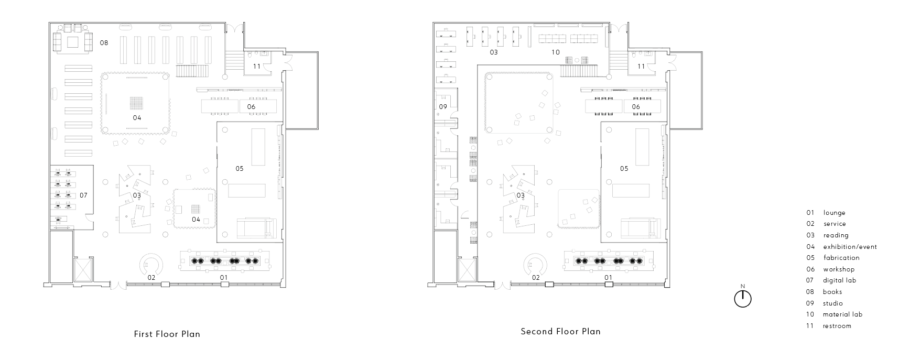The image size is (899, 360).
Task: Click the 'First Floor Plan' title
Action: click(x=167, y=334)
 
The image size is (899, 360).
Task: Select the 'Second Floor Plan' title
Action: click(x=560, y=331)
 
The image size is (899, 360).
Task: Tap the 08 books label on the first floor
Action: click(x=104, y=42)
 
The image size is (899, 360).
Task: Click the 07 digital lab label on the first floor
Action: click(x=83, y=195)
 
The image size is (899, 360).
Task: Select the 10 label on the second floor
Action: click(x=556, y=52)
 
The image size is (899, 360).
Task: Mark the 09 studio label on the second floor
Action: click(x=443, y=107)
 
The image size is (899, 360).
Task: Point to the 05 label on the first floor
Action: click(x=239, y=168)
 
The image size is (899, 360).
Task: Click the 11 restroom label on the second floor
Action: click(x=641, y=67)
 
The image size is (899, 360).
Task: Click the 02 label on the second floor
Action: click(x=536, y=278)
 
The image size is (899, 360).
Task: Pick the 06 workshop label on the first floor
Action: click(x=251, y=107)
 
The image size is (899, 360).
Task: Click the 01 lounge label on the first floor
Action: click(x=223, y=277)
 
